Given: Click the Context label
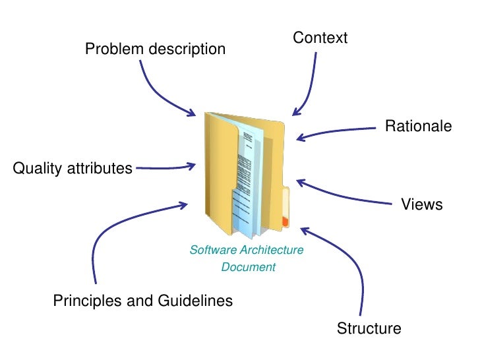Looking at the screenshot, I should coord(320,38).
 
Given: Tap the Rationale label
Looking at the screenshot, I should coord(418,126).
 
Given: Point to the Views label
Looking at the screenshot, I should coord(422,205).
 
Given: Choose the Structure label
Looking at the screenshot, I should coord(369,328).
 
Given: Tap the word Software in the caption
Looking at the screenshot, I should coord(213,250).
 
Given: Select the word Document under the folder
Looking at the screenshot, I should coord(249,267).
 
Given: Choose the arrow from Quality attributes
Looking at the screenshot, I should coord(165,167).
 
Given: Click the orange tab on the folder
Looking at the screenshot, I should coord(285,222).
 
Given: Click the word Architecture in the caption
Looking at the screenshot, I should coord(272,250).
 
